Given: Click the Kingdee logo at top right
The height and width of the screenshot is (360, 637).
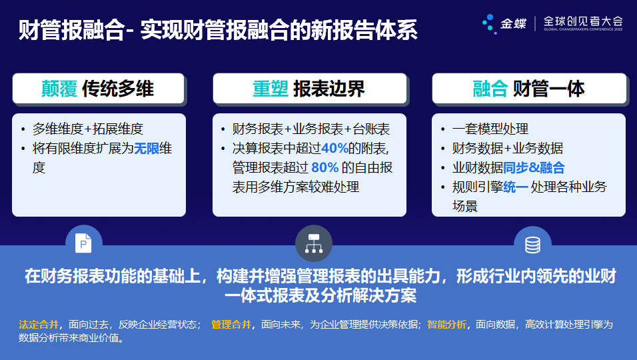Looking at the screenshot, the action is coord(504,23).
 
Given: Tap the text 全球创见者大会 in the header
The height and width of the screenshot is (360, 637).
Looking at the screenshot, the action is coord(583,21).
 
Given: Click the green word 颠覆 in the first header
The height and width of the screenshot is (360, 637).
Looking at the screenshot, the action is coord(59,89).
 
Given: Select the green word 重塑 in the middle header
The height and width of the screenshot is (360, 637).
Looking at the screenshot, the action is coord(271,89).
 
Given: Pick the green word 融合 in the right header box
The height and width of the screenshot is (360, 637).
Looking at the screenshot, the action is coord(490,89).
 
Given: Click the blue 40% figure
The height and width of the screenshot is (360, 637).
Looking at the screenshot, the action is coord(334,148).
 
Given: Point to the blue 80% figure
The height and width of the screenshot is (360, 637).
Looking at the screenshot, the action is coord(325,167).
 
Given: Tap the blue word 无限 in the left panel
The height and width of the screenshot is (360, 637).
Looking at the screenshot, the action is coord(147,148).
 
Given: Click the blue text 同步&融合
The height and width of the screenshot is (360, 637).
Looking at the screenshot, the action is coord(534,167).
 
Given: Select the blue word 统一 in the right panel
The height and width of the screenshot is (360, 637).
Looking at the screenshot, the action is coord(516,187).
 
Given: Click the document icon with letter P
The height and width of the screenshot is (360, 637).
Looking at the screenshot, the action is coord(83,243).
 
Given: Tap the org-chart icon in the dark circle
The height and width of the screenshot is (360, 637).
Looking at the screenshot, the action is coord(314,243).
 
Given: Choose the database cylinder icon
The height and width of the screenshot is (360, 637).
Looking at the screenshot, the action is coord(532,245).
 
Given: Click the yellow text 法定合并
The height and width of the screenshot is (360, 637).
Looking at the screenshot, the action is coord(39,325).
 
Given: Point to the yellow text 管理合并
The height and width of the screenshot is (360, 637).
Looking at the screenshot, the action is coord(231,325).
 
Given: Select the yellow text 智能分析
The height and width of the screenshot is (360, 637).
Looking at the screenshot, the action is coord(447,325).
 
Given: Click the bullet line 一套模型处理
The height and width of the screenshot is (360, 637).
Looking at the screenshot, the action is coord(490,129).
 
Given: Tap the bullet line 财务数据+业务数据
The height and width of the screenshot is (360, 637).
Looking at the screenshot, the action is coord(508,148).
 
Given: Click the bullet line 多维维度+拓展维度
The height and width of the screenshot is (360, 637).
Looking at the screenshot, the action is coord(88,129).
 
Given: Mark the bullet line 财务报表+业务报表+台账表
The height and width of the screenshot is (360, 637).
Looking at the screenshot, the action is coord(311,129).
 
